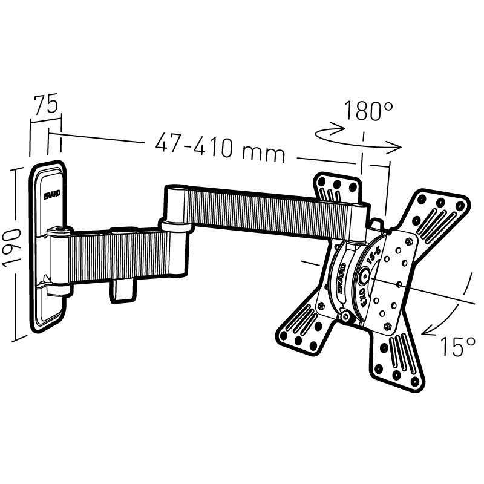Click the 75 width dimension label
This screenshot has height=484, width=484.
point(46,104)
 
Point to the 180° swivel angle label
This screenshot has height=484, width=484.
point(369,111)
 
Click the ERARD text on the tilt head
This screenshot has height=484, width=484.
point(339,277)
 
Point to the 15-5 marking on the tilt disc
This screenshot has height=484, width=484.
point(374,252)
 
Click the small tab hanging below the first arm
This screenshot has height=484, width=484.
point(121,289)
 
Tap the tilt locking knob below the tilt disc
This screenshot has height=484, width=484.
point(346,316)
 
